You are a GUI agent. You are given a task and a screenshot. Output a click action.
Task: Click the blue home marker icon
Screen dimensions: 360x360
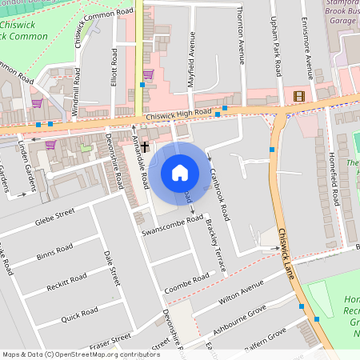tap(180, 172)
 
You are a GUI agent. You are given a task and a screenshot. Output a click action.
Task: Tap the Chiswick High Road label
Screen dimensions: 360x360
tap(178, 114)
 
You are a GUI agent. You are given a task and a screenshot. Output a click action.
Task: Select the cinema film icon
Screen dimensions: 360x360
tap(299, 97)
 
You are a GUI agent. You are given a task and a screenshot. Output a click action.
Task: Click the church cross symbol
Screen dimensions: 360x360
tap(145, 158)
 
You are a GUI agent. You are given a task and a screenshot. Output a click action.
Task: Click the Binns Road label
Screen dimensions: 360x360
tap(54, 252)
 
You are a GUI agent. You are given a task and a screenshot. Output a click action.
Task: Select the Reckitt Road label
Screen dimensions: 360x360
tap(66, 283)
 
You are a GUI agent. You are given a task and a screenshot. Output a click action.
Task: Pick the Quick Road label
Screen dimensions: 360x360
tap(78, 314)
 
